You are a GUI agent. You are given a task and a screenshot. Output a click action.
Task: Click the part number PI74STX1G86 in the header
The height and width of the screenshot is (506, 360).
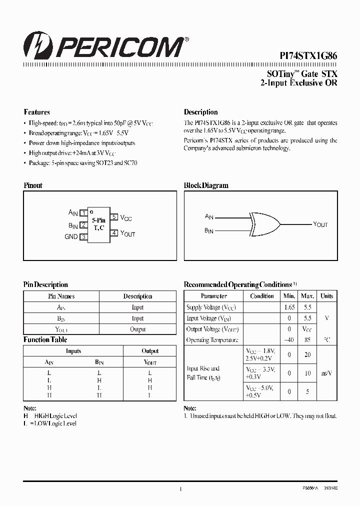(x=307, y=57)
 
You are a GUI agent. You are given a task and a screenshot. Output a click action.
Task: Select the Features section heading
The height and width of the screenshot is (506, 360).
(x=37, y=112)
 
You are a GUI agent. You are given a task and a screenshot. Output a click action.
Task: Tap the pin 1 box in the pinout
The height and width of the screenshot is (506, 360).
(x=84, y=213)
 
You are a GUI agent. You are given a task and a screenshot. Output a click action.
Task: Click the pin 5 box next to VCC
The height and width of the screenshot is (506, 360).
(x=114, y=217)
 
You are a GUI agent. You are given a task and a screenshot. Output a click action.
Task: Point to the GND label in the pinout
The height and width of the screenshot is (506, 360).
(x=71, y=237)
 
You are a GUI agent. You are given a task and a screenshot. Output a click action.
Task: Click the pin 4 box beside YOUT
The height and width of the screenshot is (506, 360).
(x=114, y=233)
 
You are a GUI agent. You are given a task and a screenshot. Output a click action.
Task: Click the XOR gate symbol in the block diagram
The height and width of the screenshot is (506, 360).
(x=263, y=223)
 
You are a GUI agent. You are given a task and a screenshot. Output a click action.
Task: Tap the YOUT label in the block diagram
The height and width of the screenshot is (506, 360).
(x=320, y=224)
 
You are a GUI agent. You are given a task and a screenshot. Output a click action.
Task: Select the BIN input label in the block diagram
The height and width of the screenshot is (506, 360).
(x=209, y=231)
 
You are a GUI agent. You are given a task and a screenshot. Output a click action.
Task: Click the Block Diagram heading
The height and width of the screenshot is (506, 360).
(x=206, y=185)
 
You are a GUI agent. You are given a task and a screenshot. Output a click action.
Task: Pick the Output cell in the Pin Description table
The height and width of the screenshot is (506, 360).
(x=137, y=329)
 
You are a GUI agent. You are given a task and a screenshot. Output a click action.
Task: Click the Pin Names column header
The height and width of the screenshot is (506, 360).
(x=61, y=296)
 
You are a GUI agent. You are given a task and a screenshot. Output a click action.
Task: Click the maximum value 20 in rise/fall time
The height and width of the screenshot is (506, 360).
(x=307, y=354)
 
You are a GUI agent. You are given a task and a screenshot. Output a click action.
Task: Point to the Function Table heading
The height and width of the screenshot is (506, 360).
(x=45, y=339)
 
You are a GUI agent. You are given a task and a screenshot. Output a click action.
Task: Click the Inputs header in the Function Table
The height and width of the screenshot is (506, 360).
(x=73, y=351)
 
